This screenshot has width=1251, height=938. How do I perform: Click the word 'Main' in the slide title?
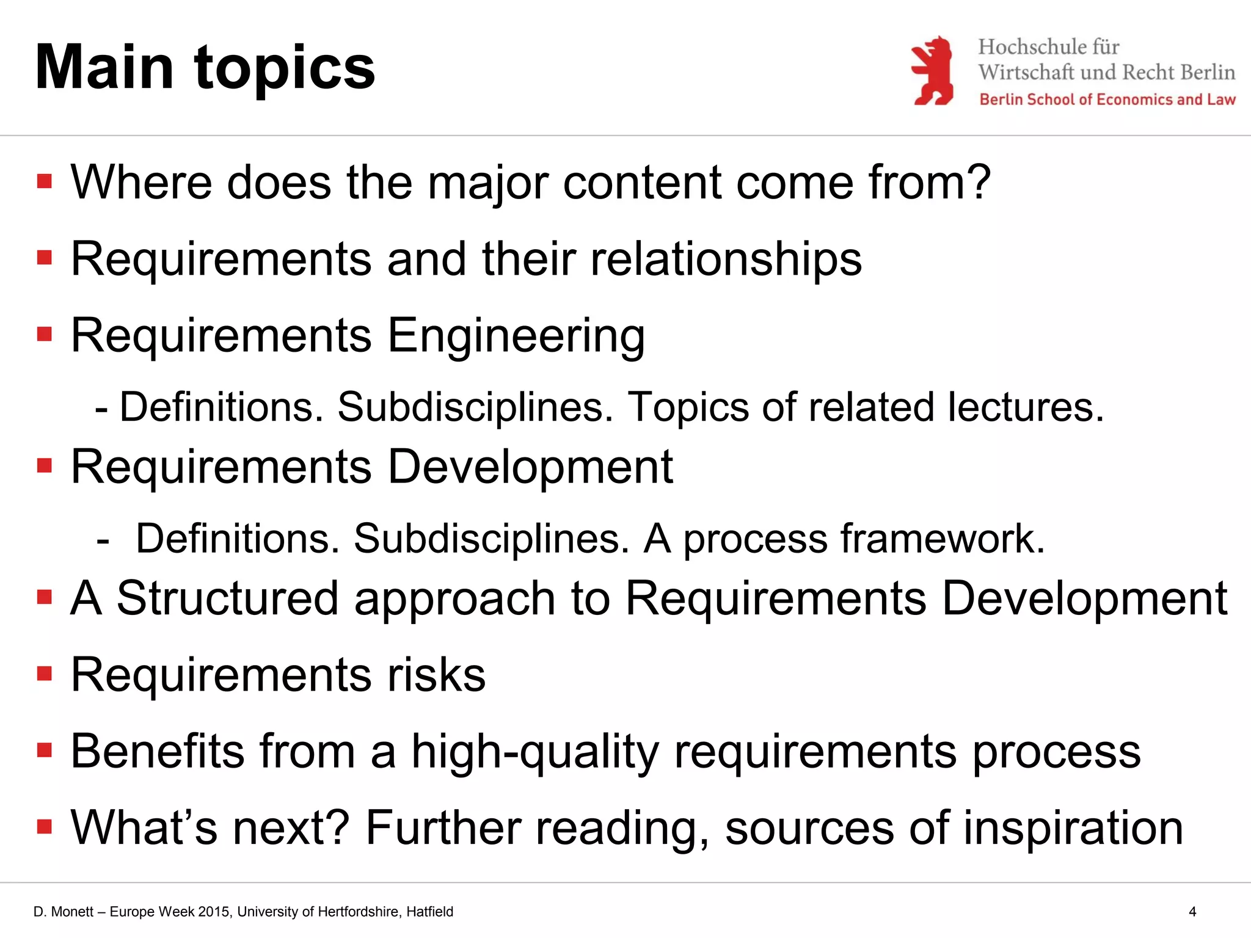(x=104, y=68)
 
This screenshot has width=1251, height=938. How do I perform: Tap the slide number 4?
(x=1192, y=912)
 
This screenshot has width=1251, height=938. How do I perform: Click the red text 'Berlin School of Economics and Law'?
(x=1107, y=100)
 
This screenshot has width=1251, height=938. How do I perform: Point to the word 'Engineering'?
(x=516, y=336)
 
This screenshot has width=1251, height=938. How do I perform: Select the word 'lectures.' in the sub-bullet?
(x=1026, y=407)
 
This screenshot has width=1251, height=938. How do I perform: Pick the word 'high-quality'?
(x=535, y=752)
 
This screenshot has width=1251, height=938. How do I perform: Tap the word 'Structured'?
(x=227, y=598)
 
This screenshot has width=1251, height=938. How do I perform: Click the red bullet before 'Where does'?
(x=45, y=181)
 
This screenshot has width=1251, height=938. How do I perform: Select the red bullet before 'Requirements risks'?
(x=45, y=674)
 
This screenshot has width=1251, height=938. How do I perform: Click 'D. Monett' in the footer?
(x=64, y=912)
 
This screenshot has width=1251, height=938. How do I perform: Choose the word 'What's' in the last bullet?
(x=144, y=828)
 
